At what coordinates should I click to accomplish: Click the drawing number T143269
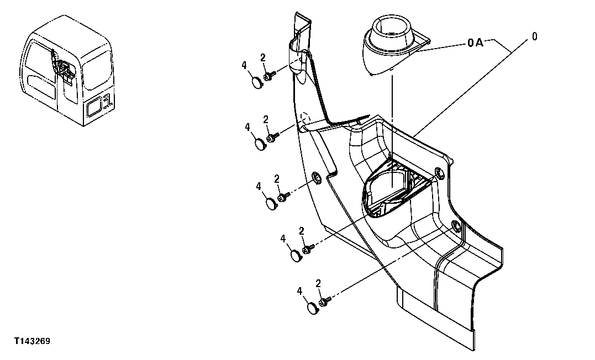[33, 342]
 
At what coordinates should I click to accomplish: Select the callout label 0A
[475, 43]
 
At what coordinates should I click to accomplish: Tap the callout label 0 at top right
[534, 36]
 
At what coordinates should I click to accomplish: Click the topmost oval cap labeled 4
[257, 82]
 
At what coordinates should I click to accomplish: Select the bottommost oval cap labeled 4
[314, 307]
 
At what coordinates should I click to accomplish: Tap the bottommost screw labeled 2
[324, 301]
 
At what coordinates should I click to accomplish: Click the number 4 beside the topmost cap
[244, 66]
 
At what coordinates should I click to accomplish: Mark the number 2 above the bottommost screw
[318, 284]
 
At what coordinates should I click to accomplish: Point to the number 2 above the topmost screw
[262, 57]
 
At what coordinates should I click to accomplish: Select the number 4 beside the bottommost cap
[300, 291]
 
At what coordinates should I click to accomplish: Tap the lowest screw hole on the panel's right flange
[456, 225]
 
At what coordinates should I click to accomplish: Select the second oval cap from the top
[260, 144]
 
